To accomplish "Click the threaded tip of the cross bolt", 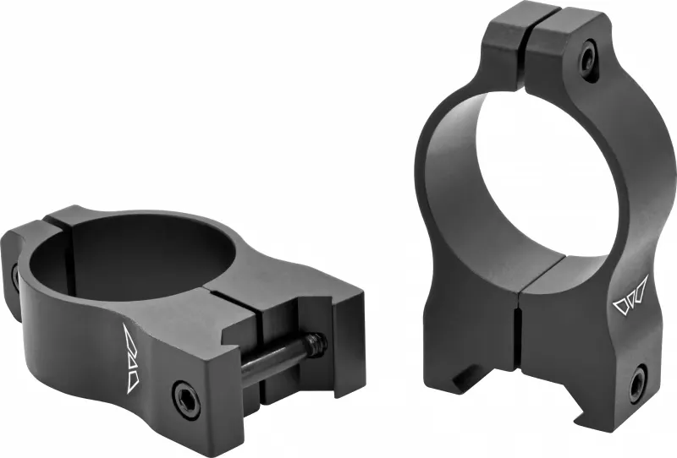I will (x=316, y=341).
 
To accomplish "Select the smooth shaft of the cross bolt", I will (x=271, y=359).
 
